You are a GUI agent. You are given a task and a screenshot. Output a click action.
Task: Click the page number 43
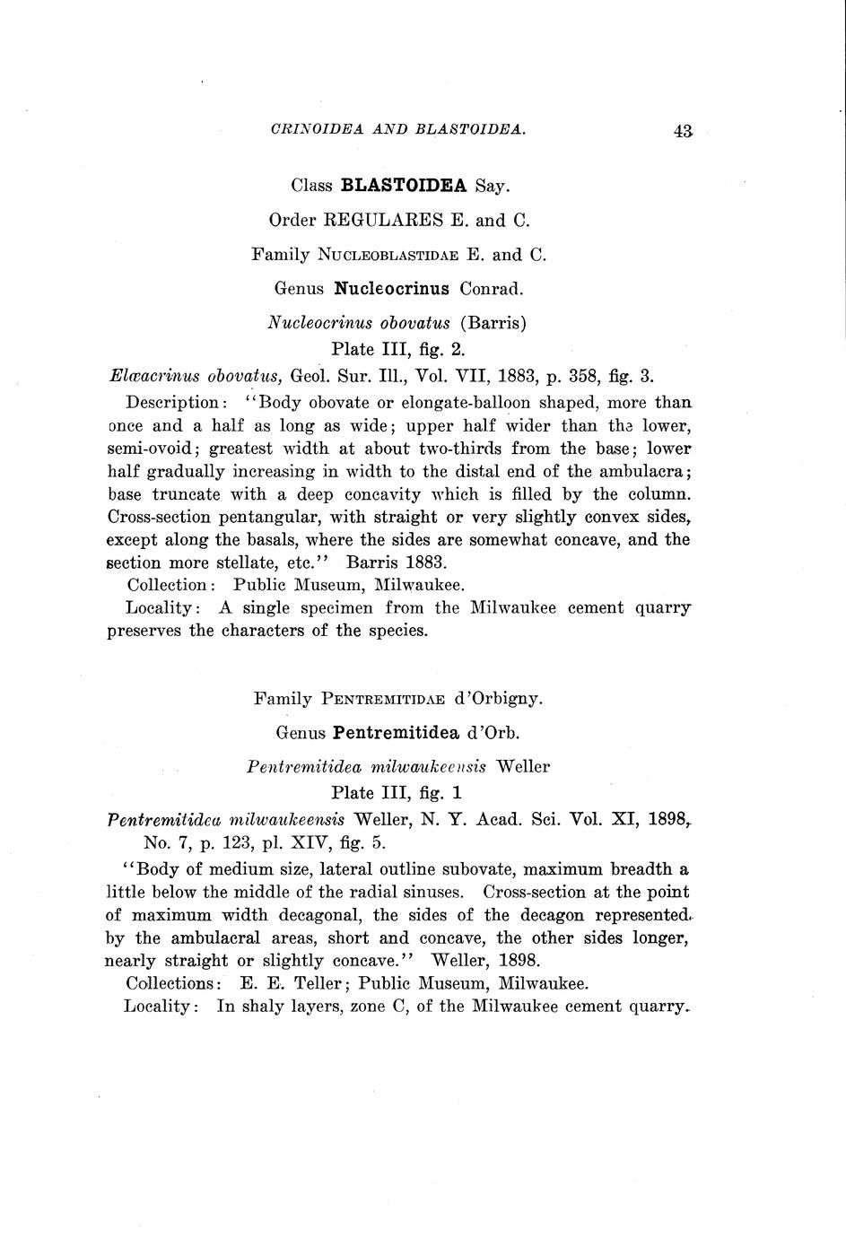[x=682, y=131]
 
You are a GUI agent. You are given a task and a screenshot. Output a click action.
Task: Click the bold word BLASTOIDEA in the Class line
[x=405, y=186]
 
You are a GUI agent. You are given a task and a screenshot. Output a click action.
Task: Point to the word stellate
[x=202, y=563]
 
